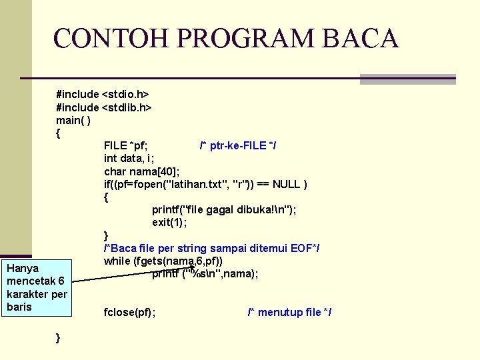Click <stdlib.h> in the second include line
point(127,107)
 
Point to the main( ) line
point(74,120)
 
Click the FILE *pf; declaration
point(126,145)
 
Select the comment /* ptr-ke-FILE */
point(239,145)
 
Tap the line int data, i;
point(129,158)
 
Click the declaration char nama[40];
point(142,171)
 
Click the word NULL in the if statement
point(285,184)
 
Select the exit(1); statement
point(169,222)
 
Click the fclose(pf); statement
point(130,312)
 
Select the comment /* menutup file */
point(289,312)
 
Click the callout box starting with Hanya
point(37,287)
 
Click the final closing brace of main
point(59,338)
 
